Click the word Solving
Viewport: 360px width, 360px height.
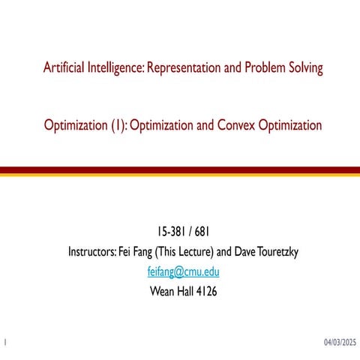point(303,68)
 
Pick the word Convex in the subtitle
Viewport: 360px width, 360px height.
point(228,125)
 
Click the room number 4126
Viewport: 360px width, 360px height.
point(202,292)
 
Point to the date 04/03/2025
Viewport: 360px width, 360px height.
point(339,342)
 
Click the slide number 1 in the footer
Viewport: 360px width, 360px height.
point(5,342)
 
